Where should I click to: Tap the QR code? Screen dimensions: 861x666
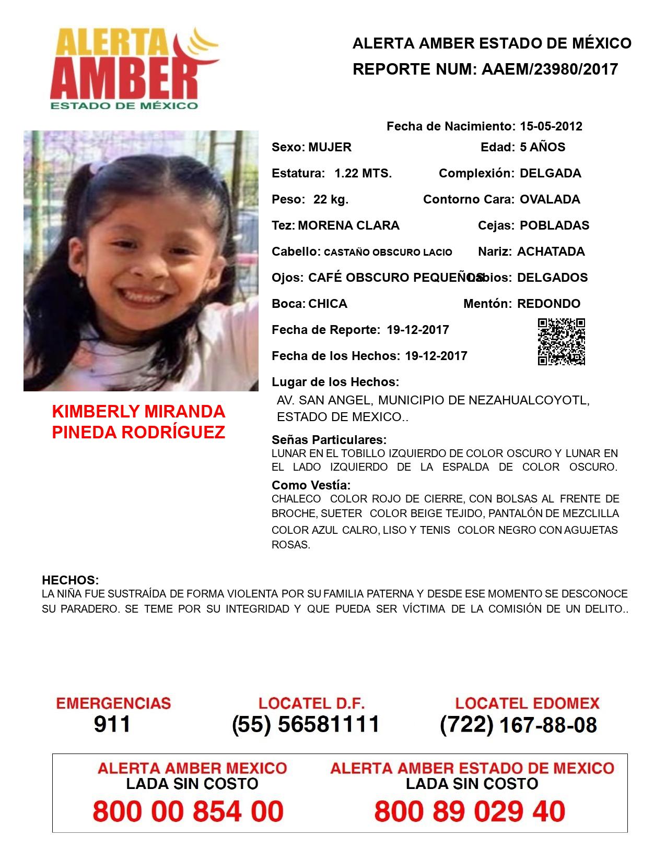562,342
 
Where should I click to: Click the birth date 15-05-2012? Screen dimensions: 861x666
551,126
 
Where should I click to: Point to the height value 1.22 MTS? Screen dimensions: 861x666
363,173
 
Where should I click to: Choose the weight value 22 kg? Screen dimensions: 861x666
331,199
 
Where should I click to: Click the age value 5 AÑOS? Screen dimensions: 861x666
542,147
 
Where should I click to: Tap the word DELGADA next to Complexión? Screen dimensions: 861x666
550,173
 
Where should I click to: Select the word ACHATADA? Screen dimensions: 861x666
551,252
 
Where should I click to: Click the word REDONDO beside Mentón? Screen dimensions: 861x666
548,304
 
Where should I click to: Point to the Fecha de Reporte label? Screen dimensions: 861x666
326,330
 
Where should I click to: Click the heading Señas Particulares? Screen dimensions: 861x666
329,439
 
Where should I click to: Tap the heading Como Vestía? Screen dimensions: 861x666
311,485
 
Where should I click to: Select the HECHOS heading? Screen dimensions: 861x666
70,580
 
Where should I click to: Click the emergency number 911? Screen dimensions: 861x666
112,724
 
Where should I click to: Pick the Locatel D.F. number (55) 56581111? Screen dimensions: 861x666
306,724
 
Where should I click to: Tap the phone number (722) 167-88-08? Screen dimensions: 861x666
518,725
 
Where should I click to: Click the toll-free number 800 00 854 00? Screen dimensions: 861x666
188,811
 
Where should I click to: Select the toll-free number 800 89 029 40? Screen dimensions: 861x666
470,811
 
